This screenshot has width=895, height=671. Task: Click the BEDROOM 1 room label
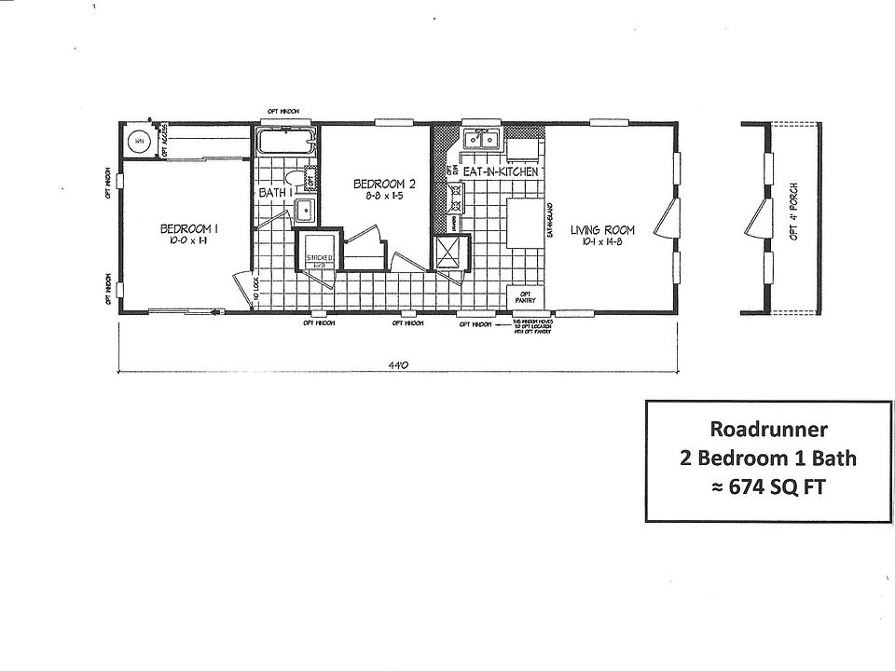pos(189,228)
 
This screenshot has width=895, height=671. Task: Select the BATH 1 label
pos(277,193)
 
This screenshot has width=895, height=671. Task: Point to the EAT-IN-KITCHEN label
pos(500,171)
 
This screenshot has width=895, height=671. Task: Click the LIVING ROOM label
pos(602,230)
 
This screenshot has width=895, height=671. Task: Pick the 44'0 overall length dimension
pos(397,366)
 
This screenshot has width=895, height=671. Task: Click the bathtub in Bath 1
pos(287,144)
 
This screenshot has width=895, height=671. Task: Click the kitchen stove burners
pos(456,197)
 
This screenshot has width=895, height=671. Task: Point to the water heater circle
pos(140,141)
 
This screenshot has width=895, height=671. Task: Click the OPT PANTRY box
pos(522,298)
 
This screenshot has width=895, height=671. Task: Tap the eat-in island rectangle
pos(525,223)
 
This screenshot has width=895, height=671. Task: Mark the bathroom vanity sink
pos(305,211)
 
